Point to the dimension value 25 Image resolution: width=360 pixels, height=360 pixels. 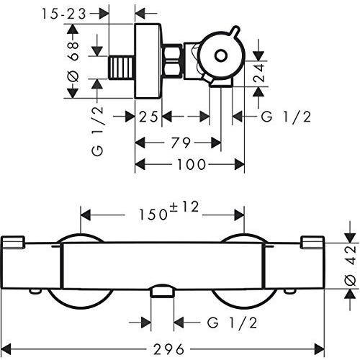click(x=148, y=116)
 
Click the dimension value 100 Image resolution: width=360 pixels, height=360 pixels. click(x=191, y=165)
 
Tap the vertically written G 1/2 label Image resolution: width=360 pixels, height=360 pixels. click(x=99, y=130)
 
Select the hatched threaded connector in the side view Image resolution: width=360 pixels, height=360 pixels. click(x=120, y=68)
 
